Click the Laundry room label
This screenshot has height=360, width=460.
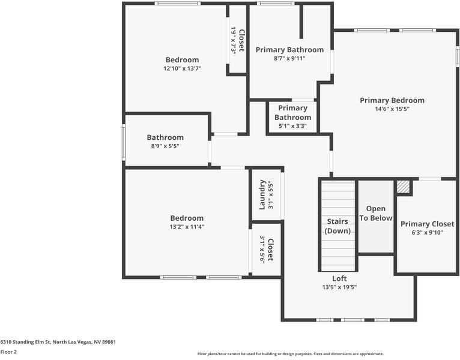[262, 195]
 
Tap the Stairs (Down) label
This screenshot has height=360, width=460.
[337, 226]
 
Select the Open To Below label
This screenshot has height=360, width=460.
[376, 214]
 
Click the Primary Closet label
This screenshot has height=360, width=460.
[427, 224]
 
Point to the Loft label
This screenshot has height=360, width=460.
[340, 278]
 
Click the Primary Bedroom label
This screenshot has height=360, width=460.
[392, 100]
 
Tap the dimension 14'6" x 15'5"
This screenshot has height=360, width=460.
[392, 109]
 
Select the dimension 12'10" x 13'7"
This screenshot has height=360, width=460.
[182, 68]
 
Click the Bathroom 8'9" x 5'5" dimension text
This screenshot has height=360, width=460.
[165, 146]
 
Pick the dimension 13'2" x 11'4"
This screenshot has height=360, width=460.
[186, 227]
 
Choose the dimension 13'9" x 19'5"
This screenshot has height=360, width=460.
[340, 287]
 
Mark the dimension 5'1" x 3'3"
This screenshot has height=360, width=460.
[292, 126]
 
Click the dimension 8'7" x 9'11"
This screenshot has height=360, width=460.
[289, 58]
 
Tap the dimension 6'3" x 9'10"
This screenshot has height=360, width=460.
[427, 233]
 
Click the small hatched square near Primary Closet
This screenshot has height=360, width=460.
[404, 187]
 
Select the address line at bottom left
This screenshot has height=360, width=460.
[58, 342]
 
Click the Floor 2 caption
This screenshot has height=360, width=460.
[8, 352]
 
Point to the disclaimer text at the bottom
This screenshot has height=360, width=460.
[290, 354]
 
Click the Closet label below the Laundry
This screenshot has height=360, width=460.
[270, 250]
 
